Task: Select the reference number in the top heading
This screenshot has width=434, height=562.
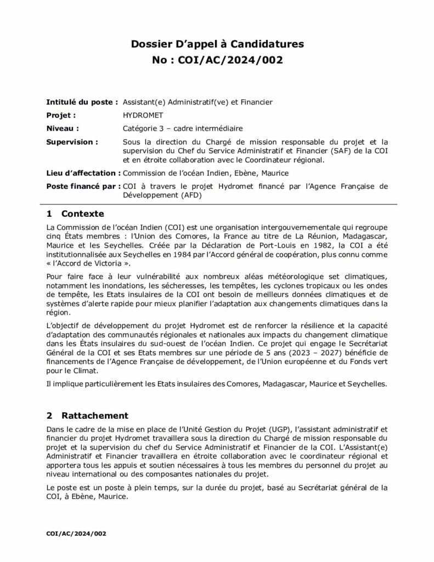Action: coord(217,59)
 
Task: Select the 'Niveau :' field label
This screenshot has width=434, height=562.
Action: coord(63,128)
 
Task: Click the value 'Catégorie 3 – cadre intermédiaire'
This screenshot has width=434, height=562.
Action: coord(183,128)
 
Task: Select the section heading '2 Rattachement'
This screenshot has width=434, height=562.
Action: coord(87,415)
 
